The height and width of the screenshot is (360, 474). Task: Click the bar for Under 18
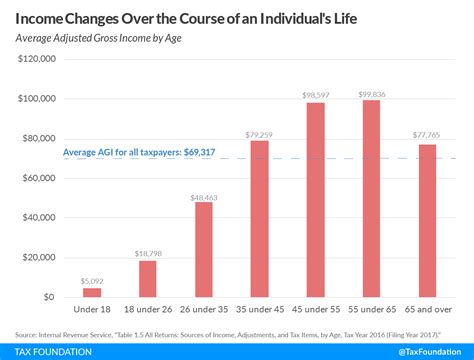point(92,292)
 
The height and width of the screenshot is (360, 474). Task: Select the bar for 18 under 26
point(148,278)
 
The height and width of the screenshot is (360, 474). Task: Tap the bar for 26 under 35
point(204,249)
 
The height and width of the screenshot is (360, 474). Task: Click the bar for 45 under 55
point(316,199)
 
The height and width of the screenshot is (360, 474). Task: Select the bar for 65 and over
point(428,220)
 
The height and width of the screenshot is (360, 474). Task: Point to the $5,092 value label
point(92,281)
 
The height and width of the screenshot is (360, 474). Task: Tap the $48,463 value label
point(204,196)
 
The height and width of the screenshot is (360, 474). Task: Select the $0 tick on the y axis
point(48,297)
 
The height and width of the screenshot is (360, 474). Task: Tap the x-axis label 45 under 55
point(316,310)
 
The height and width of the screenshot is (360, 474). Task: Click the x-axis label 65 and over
point(428,310)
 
